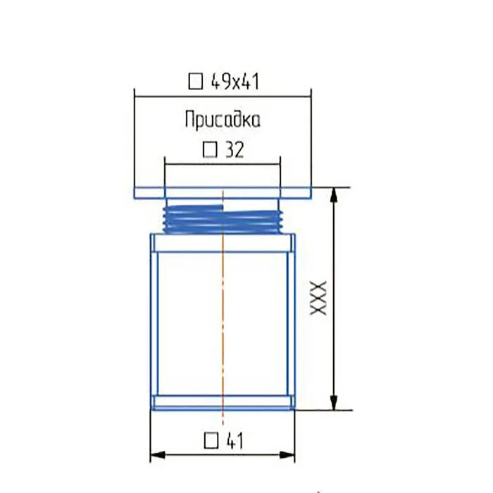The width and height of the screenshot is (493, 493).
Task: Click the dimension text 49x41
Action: coord(235,82)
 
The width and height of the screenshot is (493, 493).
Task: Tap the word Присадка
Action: coord(223,120)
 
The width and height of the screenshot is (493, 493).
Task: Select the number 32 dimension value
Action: coord(235,150)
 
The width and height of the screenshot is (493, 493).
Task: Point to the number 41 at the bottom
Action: coord(235,440)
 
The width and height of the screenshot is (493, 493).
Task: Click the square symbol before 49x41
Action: coord(196,82)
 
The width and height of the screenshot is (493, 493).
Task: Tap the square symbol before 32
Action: coord(210,150)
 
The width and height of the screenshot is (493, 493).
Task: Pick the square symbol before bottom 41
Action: coord(211,440)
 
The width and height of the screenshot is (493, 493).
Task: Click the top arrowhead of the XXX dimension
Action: coord(335,195)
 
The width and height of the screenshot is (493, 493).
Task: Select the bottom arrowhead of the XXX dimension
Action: coord(335,402)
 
